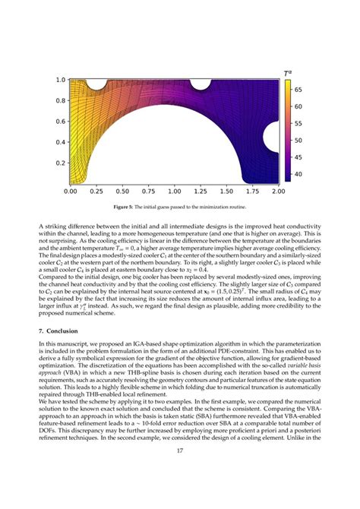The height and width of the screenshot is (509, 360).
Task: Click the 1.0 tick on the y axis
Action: (x=60, y=80)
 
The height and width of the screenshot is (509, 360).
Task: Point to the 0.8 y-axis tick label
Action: (x=60, y=100)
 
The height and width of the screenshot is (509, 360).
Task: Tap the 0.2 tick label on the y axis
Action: (x=60, y=163)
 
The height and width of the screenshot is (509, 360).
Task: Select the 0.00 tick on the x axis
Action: (x=70, y=192)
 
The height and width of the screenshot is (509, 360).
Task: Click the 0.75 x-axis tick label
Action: (x=148, y=192)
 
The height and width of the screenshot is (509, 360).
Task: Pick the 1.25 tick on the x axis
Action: (x=201, y=192)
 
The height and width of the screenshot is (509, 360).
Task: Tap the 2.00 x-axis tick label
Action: (x=278, y=192)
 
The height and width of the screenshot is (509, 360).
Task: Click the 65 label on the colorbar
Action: (x=298, y=89)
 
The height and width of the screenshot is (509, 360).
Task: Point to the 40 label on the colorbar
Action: (x=298, y=175)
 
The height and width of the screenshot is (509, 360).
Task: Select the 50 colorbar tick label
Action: (x=298, y=141)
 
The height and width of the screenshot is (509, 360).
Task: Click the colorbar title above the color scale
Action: (x=289, y=73)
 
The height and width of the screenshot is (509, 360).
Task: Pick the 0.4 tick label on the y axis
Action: (x=60, y=142)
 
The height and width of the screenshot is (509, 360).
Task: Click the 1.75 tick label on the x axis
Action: (x=252, y=192)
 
